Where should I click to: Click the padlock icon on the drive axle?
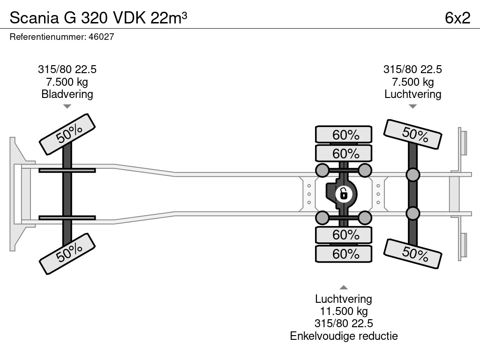[344, 193]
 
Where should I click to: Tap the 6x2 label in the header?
[457, 18]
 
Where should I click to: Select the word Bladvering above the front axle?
[67, 94]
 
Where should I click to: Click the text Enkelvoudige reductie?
[344, 336]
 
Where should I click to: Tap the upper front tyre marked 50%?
[67, 135]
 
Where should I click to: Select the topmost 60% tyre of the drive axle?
[344, 135]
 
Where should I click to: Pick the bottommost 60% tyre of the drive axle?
[344, 254]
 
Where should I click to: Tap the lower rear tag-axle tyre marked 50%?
[412, 254]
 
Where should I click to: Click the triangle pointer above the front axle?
[67, 106]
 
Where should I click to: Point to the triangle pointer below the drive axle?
[344, 287]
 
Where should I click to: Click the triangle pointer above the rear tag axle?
[412, 106]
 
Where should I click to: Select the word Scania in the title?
[31, 18]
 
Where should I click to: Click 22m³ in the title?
[169, 18]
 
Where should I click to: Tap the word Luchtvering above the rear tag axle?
[412, 94]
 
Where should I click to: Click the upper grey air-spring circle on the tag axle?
[412, 175]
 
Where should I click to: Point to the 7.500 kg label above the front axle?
[67, 82]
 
